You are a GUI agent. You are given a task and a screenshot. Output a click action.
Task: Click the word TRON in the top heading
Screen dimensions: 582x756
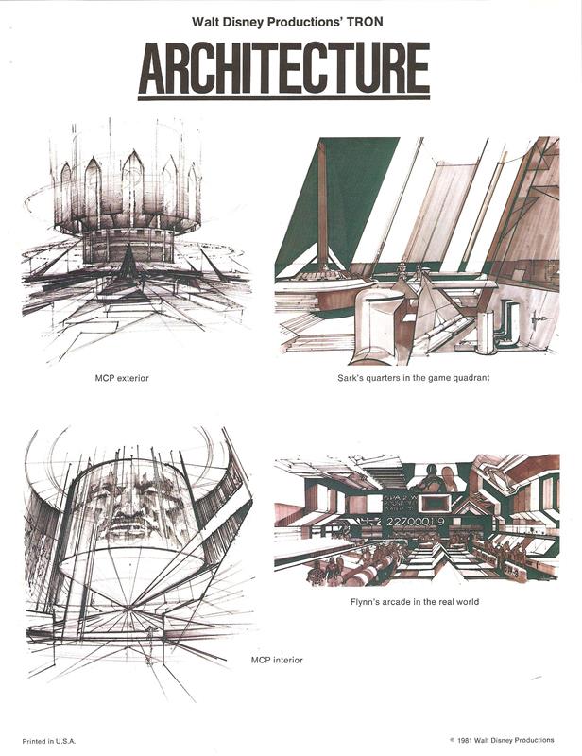coord(366,22)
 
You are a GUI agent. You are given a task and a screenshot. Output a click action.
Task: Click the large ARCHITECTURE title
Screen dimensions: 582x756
coord(284,68)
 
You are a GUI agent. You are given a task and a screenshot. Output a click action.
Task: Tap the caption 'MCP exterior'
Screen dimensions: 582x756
coord(122,379)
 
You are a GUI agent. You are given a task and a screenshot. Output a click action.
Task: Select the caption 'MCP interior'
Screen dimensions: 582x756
coord(277,660)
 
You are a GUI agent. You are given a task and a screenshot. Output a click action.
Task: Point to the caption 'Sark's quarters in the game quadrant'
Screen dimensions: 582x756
coord(413,378)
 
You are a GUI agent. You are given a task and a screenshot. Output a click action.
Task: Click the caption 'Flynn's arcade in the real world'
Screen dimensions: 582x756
coord(415,602)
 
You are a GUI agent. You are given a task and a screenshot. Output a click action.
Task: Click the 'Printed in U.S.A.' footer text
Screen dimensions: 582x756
coord(49,741)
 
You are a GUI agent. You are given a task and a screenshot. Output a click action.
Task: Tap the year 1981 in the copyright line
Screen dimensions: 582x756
coord(465,740)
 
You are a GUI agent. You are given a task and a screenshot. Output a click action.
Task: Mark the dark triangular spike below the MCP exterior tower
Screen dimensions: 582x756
coord(128,263)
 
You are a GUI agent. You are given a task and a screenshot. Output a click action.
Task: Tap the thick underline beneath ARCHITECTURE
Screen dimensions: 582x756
coord(284,98)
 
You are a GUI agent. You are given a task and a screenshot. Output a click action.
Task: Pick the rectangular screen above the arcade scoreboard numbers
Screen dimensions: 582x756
coord(435,504)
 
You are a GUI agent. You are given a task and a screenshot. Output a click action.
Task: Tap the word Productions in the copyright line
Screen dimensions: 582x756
coord(534,740)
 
